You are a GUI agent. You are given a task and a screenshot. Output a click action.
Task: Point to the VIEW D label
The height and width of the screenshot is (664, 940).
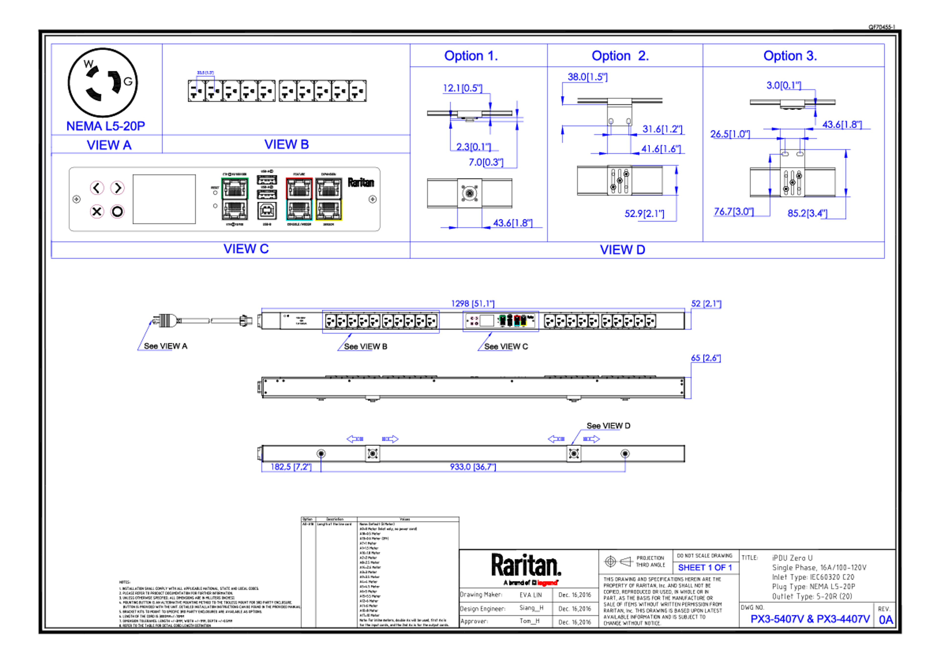pyautogui.click(x=622, y=249)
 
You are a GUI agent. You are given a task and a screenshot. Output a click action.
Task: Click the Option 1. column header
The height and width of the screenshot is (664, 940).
pyautogui.click(x=471, y=56)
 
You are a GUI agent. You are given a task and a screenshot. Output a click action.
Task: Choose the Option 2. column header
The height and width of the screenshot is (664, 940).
pyautogui.click(x=620, y=56)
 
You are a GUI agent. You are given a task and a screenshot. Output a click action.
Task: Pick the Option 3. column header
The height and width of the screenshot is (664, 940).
pyautogui.click(x=790, y=56)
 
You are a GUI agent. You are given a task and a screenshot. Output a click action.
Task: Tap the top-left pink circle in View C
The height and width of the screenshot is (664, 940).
pyautogui.click(x=97, y=188)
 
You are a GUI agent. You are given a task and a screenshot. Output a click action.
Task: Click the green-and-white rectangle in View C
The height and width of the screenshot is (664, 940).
pyautogui.click(x=235, y=199)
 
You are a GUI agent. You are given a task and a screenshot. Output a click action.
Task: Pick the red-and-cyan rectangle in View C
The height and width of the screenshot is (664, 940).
pyautogui.click(x=299, y=199)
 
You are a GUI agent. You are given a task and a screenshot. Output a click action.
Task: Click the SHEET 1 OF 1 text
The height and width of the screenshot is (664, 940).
pyautogui.click(x=705, y=568)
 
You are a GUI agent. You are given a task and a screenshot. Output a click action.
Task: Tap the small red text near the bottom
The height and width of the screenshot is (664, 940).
pyautogui.click(x=547, y=583)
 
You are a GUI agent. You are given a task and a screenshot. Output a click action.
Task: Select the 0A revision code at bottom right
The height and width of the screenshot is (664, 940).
pyautogui.click(x=886, y=620)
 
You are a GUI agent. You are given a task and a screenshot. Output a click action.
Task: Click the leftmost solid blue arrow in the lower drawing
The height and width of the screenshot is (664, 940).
pyautogui.click(x=354, y=439)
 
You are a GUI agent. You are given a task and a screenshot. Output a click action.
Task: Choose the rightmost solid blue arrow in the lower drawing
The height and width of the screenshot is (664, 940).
pyautogui.click(x=592, y=439)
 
